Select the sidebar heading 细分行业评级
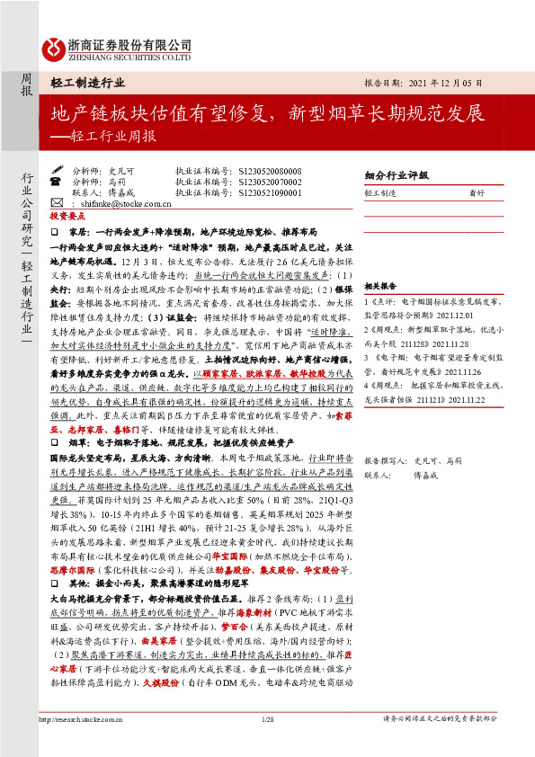[391, 176]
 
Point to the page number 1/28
[267, 719]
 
